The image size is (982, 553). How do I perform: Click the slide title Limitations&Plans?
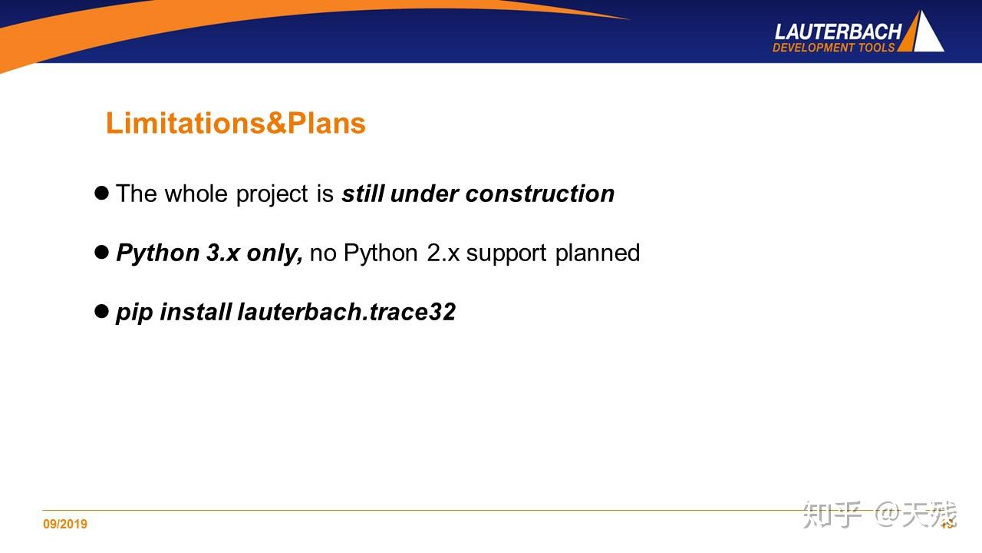click(x=236, y=123)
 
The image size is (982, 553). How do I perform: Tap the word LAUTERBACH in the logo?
click(x=838, y=32)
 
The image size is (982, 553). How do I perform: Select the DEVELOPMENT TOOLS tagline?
click(x=833, y=48)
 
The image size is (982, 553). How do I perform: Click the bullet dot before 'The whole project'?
click(x=101, y=193)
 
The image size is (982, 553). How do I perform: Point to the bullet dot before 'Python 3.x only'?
click(x=101, y=252)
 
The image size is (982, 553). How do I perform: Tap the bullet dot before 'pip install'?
click(x=101, y=311)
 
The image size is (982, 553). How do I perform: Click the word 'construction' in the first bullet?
click(x=539, y=194)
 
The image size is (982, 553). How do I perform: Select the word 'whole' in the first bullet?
click(x=196, y=194)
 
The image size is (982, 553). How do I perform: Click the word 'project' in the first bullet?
click(x=272, y=195)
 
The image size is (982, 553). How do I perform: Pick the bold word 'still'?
click(x=363, y=194)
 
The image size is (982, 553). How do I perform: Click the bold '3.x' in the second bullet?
click(x=223, y=253)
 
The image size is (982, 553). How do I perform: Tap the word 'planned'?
click(x=598, y=254)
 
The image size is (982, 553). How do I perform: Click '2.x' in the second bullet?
click(x=443, y=253)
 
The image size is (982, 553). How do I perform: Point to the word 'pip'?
click(x=134, y=313)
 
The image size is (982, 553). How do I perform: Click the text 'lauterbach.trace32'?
click(x=346, y=312)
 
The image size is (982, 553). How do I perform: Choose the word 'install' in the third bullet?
click(x=196, y=312)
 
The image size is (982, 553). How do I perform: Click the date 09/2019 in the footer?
click(x=65, y=524)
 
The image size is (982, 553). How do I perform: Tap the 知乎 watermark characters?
click(x=832, y=515)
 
